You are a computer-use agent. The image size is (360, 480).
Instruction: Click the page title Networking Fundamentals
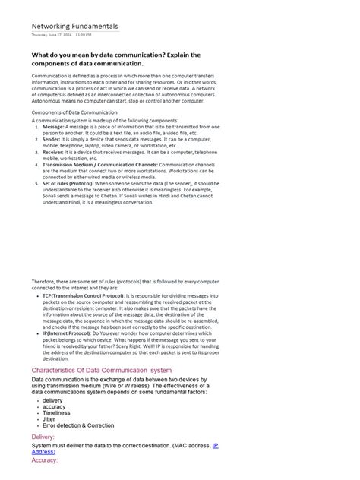click(74, 27)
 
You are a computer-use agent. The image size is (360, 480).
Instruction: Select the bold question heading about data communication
click(115, 59)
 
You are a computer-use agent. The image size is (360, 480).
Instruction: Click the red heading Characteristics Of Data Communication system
click(102, 369)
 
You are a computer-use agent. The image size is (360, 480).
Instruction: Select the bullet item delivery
click(52, 400)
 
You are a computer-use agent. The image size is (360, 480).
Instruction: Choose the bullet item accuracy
click(55, 406)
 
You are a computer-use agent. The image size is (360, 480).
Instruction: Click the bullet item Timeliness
click(56, 412)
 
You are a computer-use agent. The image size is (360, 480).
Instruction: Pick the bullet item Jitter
click(49, 418)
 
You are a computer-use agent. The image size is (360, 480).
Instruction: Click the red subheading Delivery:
click(43, 437)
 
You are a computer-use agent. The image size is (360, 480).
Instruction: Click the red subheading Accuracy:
click(45, 460)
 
